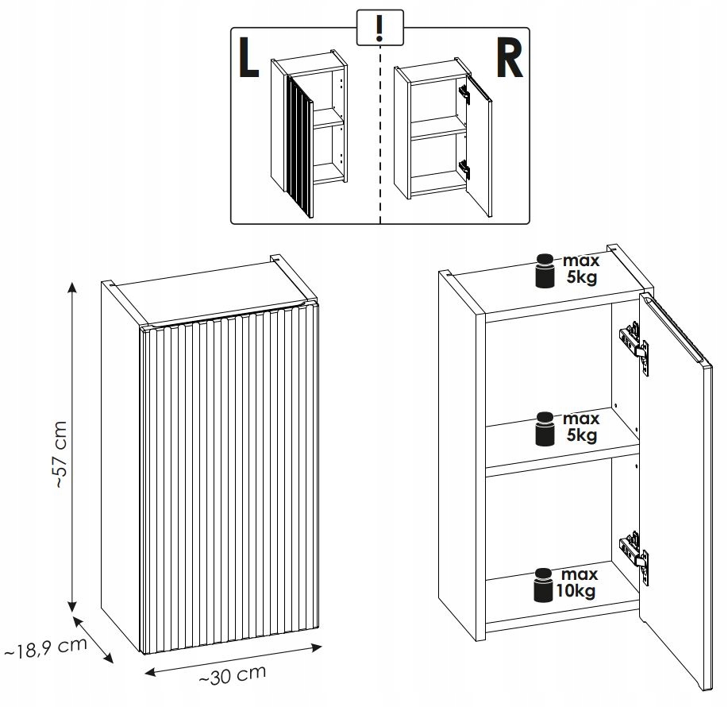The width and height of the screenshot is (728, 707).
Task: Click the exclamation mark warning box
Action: coord(381,29)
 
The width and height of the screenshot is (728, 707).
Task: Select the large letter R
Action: coord(509,61)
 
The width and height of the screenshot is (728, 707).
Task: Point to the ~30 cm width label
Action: coord(232,677)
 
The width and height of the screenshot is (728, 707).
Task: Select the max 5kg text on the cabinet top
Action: coord(580,270)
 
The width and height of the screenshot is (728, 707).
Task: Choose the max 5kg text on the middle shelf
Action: coord(580,427)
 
